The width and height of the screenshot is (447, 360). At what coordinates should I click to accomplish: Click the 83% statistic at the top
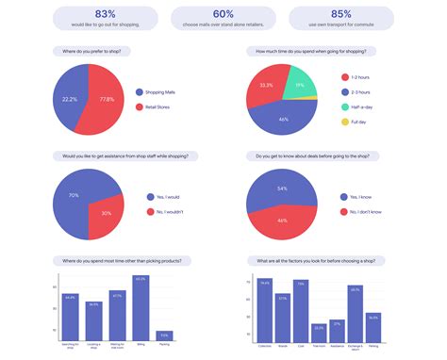coord(106,13)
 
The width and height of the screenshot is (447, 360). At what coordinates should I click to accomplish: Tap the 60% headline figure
coord(223,13)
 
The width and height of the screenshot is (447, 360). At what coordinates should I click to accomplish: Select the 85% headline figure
coord(340,13)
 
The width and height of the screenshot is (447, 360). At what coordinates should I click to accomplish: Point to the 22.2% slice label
coord(69,98)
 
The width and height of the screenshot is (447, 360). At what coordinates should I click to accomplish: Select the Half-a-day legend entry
coord(359,106)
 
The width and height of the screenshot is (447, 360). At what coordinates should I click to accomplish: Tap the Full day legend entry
coord(356,122)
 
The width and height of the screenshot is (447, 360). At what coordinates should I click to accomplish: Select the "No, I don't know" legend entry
coord(362,212)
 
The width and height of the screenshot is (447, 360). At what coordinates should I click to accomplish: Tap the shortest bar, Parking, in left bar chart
coord(164,335)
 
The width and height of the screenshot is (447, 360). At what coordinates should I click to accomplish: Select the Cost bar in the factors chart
coord(301,310)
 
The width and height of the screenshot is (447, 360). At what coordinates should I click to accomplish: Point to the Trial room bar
coord(319,332)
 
